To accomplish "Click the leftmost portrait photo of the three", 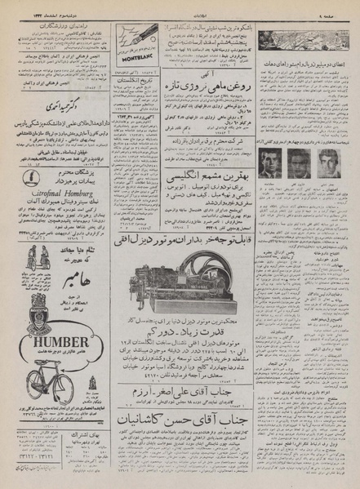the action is tap(270, 161).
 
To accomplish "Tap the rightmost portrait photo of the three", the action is tap(328, 161).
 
